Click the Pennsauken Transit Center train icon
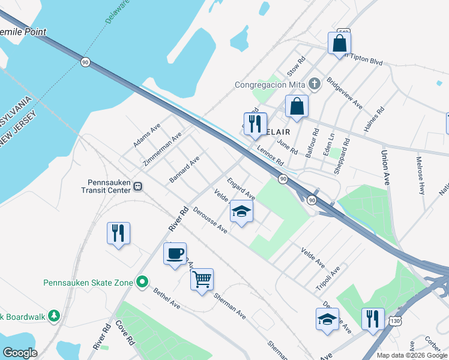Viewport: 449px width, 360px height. pos(139,186)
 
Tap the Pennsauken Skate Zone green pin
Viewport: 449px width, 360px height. pos(142,281)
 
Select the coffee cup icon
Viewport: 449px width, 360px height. pos(175,254)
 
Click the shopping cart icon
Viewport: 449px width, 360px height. pos(202,278)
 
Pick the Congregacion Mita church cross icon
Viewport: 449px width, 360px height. pos(313,83)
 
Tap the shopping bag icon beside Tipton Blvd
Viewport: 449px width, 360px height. pos(339,43)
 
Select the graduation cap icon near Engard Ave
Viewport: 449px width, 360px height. pos(241,211)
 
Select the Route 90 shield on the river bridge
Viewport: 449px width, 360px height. pos(86,62)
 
